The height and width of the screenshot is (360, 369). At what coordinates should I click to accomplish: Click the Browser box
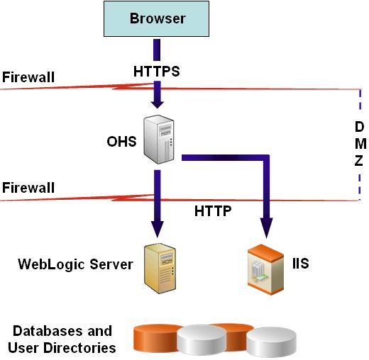157,19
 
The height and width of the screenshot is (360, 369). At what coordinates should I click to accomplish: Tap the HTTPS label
157,72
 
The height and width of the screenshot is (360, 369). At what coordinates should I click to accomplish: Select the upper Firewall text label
28,76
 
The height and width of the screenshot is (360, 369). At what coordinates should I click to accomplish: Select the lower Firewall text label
28,188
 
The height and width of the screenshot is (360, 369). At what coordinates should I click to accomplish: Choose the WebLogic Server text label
75,265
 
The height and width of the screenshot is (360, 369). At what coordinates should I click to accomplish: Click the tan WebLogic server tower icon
159,268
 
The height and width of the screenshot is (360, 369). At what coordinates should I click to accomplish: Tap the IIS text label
300,264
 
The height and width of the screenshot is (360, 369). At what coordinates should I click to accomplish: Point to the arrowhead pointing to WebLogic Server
157,228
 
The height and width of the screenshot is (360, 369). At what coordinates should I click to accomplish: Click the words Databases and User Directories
62,339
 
